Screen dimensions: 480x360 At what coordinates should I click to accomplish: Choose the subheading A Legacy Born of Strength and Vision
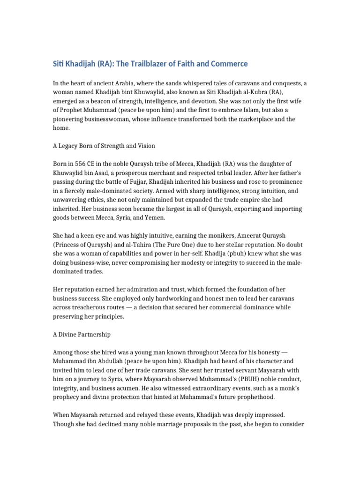coord(111,145)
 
